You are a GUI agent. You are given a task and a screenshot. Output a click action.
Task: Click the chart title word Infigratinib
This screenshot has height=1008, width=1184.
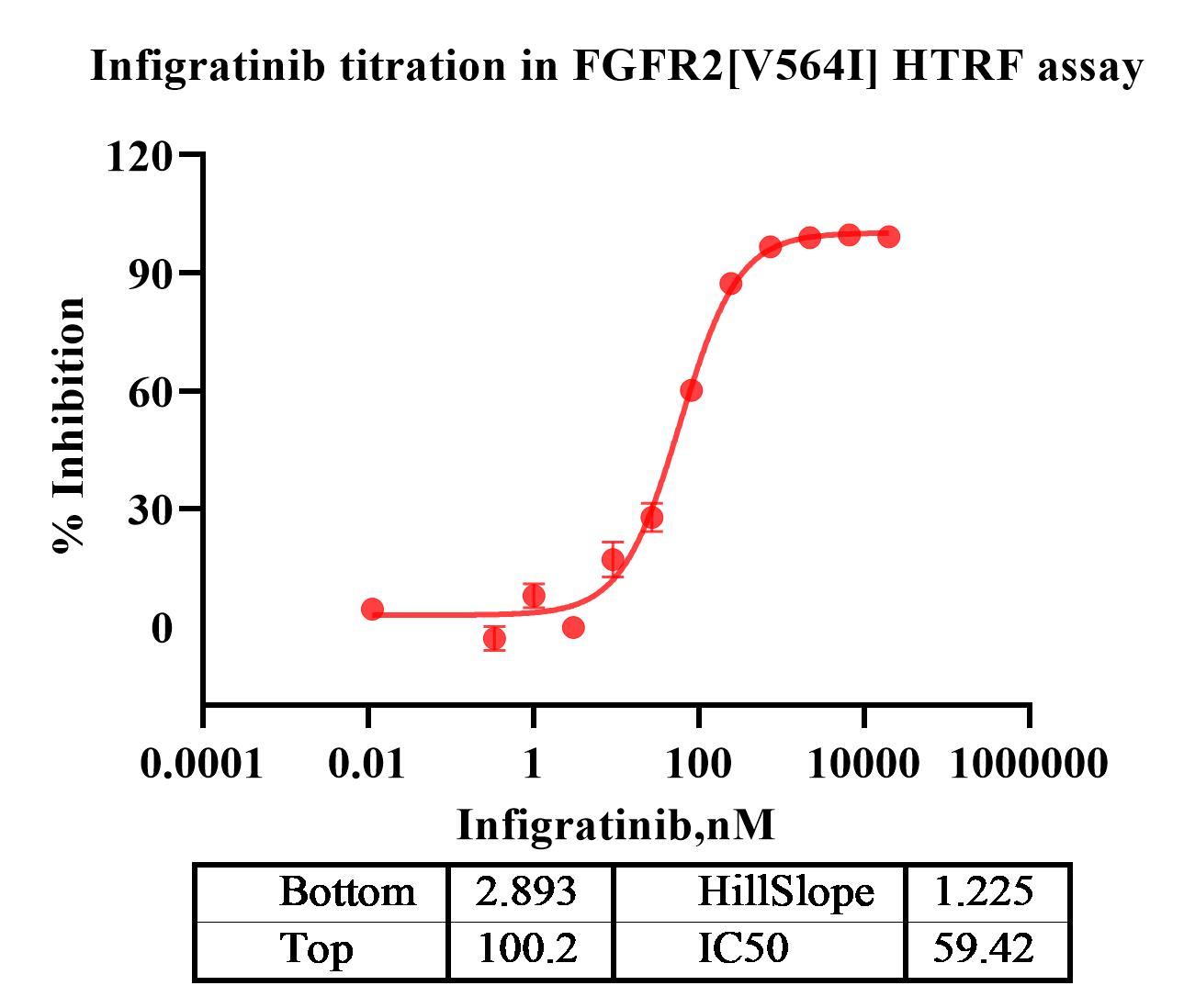click(208, 66)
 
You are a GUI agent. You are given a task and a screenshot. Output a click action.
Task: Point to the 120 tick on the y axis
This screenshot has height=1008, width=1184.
click(139, 156)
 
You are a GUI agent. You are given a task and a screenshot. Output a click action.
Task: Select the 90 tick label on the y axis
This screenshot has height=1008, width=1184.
click(151, 274)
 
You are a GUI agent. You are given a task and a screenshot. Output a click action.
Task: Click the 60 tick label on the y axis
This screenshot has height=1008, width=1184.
click(151, 391)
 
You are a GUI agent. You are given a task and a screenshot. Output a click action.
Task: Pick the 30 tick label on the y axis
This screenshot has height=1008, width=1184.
click(151, 510)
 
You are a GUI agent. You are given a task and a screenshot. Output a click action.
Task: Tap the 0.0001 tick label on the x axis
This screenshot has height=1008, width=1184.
click(202, 763)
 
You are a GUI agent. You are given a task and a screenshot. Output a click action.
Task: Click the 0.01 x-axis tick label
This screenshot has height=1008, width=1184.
click(367, 763)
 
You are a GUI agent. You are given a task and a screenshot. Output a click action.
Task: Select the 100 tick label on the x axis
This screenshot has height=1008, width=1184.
click(698, 763)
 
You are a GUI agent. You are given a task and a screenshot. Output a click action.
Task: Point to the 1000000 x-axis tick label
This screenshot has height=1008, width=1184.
click(1029, 763)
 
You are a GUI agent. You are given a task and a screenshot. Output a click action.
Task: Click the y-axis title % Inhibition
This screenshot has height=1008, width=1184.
click(70, 424)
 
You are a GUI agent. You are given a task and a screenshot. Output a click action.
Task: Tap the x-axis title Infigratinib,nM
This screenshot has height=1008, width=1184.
click(615, 825)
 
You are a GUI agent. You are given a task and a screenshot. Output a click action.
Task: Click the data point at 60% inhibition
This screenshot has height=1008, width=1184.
click(692, 391)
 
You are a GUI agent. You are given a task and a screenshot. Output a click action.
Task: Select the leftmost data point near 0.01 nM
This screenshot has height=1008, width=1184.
click(372, 610)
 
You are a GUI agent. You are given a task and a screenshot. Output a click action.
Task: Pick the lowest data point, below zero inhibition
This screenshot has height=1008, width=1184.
click(494, 638)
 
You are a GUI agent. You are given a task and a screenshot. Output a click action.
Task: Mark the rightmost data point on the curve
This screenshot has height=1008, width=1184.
click(888, 237)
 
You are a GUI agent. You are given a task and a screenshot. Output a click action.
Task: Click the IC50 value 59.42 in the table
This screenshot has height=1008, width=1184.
click(984, 949)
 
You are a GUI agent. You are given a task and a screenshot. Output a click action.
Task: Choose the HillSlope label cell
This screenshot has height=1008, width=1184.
click(785, 891)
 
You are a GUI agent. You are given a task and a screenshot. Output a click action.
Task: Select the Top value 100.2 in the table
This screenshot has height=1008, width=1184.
click(527, 949)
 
